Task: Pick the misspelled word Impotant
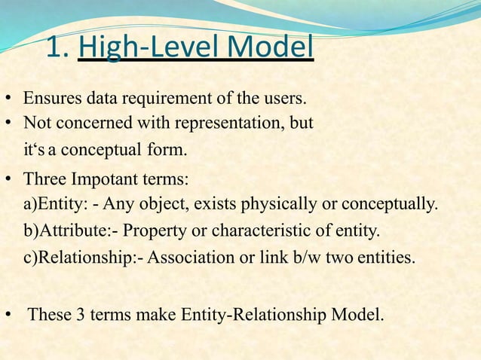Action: click(x=102, y=182)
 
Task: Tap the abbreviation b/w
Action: click(x=304, y=257)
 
